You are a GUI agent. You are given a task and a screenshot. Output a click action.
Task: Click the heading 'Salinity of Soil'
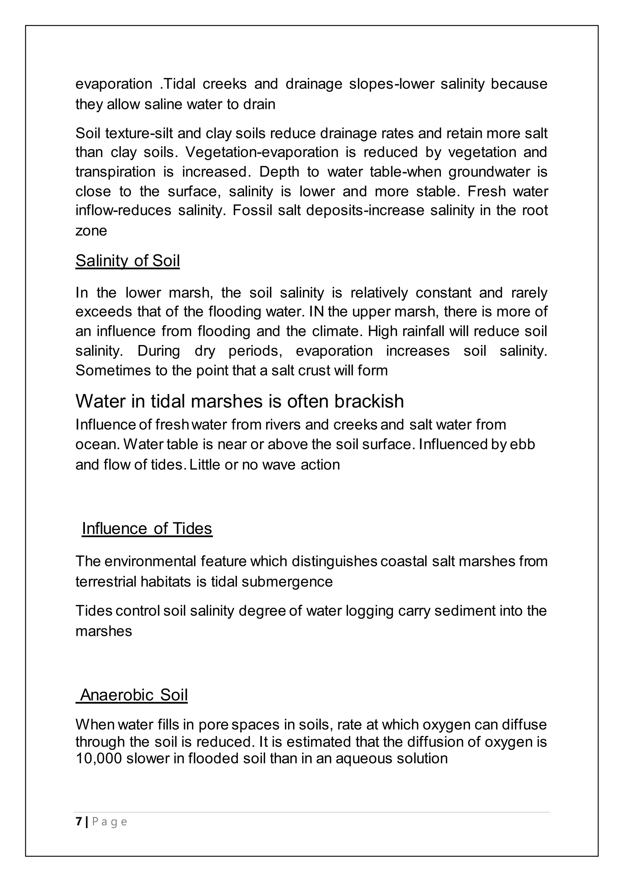point(127,261)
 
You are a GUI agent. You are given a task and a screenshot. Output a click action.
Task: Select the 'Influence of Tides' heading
point(147,528)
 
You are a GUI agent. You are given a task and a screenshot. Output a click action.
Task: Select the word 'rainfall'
point(423,331)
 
